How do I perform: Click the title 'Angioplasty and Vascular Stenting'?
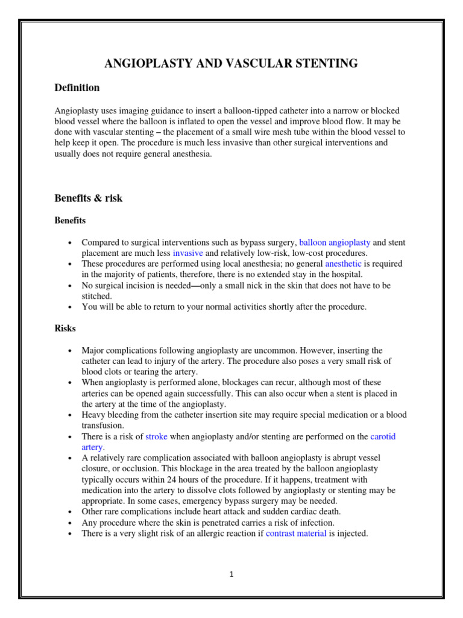231,63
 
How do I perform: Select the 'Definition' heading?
77,88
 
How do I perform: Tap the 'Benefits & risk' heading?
89,198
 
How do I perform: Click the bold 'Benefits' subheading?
70,220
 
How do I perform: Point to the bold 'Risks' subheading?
65,328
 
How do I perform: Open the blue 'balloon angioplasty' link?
335,243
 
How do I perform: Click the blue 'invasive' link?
187,253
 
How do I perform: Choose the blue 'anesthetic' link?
343,264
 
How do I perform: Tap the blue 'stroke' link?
156,436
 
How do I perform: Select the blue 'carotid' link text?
383,436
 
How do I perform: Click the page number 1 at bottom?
231,575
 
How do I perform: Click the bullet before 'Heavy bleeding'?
71,415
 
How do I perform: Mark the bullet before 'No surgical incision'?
71,285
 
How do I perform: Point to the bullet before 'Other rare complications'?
71,512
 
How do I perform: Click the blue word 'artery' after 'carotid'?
92,447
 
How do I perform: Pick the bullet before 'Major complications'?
71,351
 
